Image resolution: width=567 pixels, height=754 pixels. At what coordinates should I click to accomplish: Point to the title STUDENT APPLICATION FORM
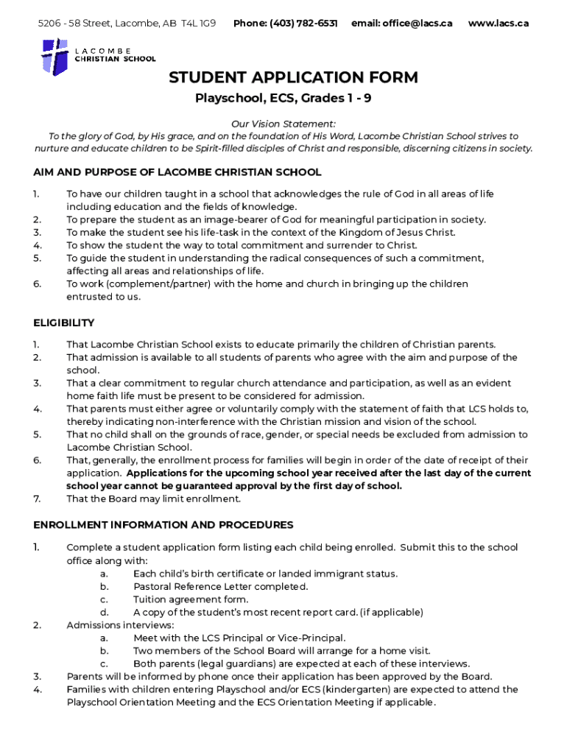pyautogui.click(x=293, y=77)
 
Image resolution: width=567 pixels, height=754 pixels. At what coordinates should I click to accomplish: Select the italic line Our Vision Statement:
pyautogui.click(x=283, y=124)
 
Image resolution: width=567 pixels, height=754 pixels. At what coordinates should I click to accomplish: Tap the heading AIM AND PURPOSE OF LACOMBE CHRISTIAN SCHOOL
pyautogui.click(x=177, y=172)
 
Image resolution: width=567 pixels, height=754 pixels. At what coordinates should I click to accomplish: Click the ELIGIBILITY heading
pyautogui.click(x=64, y=323)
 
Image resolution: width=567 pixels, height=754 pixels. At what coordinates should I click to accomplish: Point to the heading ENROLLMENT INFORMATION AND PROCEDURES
pyautogui.click(x=163, y=525)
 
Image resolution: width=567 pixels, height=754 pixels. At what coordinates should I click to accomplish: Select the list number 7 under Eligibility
pyautogui.click(x=37, y=499)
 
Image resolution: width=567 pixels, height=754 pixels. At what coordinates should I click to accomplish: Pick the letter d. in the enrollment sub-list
pyautogui.click(x=105, y=612)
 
